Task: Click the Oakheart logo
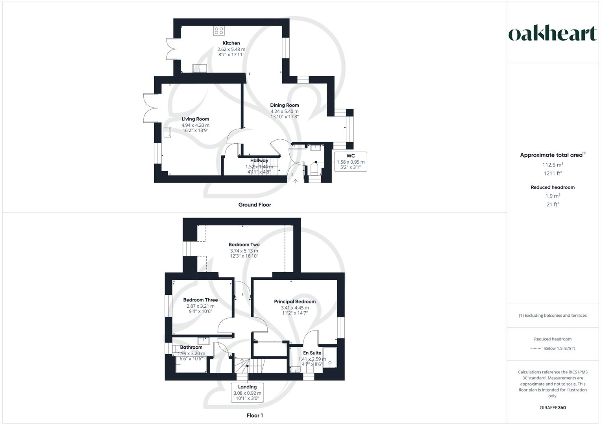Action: (553, 34)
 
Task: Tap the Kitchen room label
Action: (231, 43)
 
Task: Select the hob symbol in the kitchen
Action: (218, 30)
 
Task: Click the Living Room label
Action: (195, 119)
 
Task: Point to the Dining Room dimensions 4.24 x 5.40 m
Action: (284, 111)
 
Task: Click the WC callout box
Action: (350, 161)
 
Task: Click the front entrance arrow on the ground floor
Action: (296, 181)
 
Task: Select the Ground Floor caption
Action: (255, 205)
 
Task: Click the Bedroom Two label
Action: (244, 244)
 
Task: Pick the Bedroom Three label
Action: (200, 300)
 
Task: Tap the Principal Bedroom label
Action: (295, 301)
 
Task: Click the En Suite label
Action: (312, 353)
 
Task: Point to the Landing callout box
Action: (247, 392)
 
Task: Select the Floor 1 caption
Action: (255, 415)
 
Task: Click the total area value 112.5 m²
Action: (553, 165)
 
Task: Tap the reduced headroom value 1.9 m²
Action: (553, 196)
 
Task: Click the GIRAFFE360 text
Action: (553, 408)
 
